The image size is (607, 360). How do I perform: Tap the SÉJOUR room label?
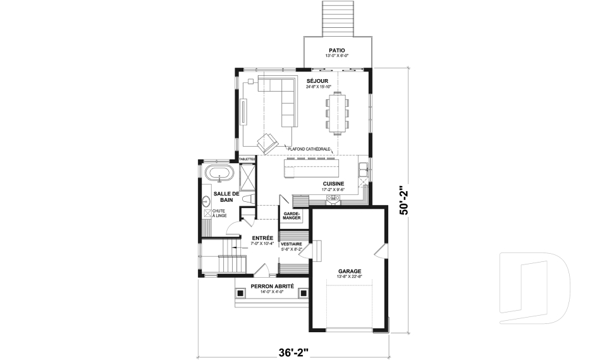coord(317,81)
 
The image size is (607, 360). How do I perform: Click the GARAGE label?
coord(349,270)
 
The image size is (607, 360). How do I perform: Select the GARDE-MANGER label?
coord(292,216)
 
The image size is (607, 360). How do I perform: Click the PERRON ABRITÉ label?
coord(273,286)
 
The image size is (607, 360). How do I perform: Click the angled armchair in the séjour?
coord(267,142)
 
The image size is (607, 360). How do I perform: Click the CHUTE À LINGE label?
coord(219,213)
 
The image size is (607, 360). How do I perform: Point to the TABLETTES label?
coord(247,159)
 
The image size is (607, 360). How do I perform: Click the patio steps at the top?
coord(337,18)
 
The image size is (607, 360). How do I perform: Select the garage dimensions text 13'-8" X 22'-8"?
coord(349,276)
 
